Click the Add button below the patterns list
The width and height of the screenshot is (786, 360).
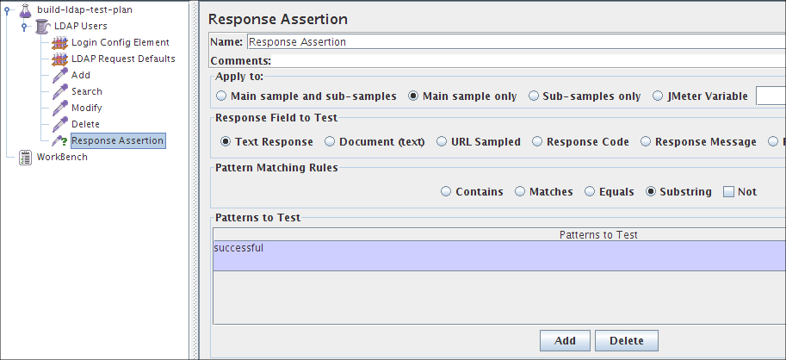pyautogui.click(x=565, y=341)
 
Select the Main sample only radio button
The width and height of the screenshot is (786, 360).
pyautogui.click(x=413, y=96)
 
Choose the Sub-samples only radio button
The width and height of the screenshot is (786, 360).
pyautogui.click(x=534, y=96)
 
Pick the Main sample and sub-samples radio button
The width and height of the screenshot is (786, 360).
pyautogui.click(x=222, y=96)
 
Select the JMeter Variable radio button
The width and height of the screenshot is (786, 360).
pyautogui.click(x=659, y=96)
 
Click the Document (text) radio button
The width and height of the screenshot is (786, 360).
pyautogui.click(x=331, y=142)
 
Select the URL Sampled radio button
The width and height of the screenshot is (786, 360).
pyautogui.click(x=443, y=142)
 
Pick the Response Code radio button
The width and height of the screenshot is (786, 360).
pyautogui.click(x=537, y=142)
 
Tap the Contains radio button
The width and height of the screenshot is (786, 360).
pyautogui.click(x=446, y=192)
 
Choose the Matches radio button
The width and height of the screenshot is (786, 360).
pyautogui.click(x=520, y=192)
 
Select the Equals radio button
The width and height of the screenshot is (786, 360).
pyautogui.click(x=590, y=192)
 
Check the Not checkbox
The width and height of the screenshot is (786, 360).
pyautogui.click(x=728, y=192)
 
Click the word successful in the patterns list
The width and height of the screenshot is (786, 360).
pyautogui.click(x=238, y=249)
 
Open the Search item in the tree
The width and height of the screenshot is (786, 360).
pyautogui.click(x=86, y=91)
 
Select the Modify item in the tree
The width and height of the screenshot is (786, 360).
pyautogui.click(x=86, y=108)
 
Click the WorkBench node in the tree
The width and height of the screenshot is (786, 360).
pyautogui.click(x=62, y=157)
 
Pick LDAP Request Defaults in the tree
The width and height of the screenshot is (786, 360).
pyautogui.click(x=122, y=59)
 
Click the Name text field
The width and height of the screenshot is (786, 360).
pyautogui.click(x=515, y=41)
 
